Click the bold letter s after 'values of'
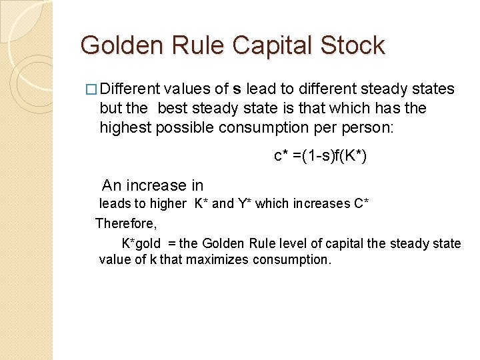click(237, 89)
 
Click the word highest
click(125, 127)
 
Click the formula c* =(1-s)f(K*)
click(321, 156)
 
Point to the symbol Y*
click(245, 203)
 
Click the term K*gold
click(141, 243)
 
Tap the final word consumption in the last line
click(291, 259)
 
